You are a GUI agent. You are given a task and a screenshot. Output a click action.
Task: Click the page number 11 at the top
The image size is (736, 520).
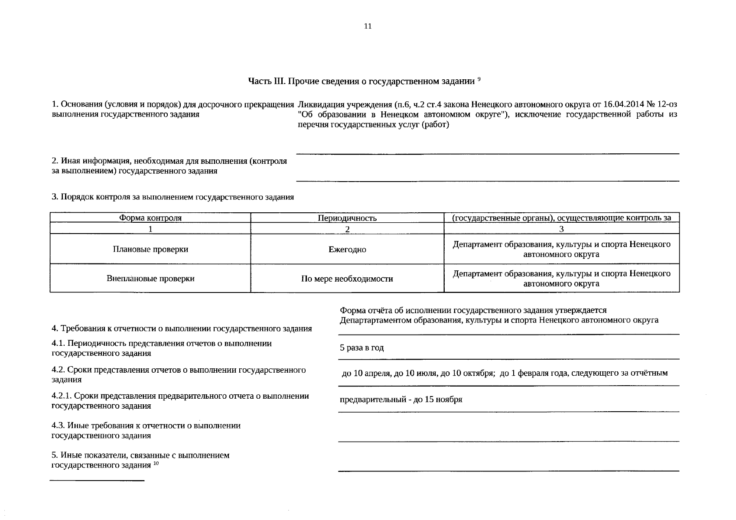[368, 26]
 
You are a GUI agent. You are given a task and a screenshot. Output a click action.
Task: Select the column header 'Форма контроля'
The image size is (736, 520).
[150, 218]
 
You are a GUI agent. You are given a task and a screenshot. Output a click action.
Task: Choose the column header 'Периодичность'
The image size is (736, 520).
[347, 218]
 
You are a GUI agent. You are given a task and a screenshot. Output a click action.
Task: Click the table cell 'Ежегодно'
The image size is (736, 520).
[347, 250]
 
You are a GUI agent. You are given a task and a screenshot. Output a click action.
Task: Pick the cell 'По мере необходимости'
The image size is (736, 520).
[347, 279]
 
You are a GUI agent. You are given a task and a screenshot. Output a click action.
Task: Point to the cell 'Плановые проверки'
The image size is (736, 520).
[150, 250]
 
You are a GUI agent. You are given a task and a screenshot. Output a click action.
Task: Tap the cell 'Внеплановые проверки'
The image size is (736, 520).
[150, 279]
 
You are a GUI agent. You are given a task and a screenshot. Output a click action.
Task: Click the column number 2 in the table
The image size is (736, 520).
[347, 229]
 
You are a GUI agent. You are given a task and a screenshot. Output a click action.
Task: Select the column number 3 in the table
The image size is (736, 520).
[561, 229]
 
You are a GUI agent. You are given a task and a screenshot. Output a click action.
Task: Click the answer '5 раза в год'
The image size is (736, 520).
[362, 348]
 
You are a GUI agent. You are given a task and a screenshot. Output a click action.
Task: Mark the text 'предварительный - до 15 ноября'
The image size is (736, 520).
[401, 400]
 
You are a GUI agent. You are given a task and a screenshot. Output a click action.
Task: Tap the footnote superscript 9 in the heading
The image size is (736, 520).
[479, 79]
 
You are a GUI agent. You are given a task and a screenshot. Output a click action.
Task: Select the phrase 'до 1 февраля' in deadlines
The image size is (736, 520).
[523, 373]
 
